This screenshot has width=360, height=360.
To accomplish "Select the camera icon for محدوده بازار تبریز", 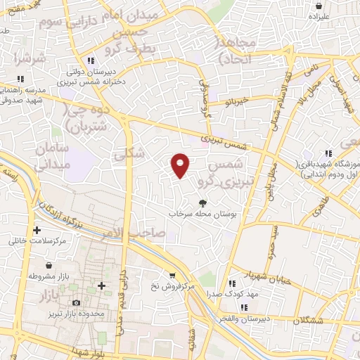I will tap(76, 302).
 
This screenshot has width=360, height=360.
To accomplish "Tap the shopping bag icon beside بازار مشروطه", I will tap(48, 266).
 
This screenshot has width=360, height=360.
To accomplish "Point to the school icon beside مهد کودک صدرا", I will tap(240, 288).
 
